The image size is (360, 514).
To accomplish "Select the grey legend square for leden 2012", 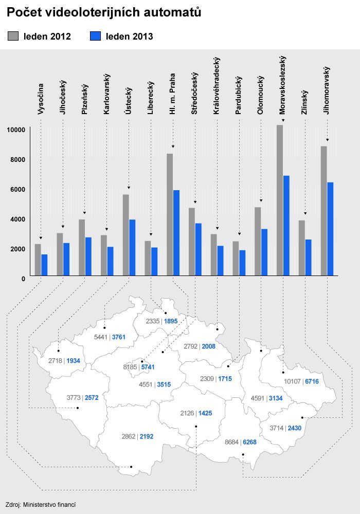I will pos(13,36).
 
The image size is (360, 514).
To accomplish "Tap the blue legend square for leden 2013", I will pos(96,36).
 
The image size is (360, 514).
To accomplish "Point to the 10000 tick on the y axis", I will pos(16,130).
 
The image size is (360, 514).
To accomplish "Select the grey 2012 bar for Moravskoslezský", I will pos(280,200).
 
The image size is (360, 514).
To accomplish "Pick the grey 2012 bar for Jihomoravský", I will pos(324,211).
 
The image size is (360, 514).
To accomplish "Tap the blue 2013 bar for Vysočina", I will pos(44,265).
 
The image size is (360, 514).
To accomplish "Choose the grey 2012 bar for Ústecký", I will pos(126,235).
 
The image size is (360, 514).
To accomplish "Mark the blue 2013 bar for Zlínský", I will pos(308,258).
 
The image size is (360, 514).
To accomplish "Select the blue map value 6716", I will pos(312,381).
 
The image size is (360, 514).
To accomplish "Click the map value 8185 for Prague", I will pos(130,367).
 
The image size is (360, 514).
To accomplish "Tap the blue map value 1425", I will pos(205,413).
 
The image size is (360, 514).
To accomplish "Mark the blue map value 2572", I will pos(92,398).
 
